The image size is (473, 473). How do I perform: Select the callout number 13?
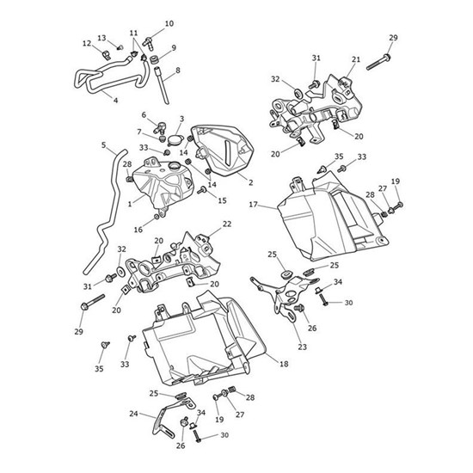click(101, 38)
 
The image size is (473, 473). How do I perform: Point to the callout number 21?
click(354, 59)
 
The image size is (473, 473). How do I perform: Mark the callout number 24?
click(134, 414)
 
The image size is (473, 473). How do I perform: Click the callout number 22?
click(227, 224)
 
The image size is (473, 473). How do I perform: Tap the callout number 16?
click(138, 230)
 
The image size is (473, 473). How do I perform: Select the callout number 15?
click(223, 200)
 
